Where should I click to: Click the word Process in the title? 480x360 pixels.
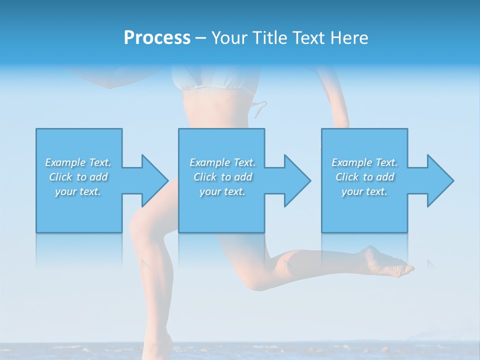tap(157, 38)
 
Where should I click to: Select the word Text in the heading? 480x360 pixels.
tap(308, 38)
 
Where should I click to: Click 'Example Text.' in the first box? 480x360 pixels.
tap(78, 162)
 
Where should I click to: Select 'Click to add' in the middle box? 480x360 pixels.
tap(222, 177)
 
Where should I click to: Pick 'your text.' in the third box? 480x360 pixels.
tap(364, 191)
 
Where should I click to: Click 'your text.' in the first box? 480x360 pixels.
tap(78, 191)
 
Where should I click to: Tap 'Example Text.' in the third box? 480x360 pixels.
tap(364, 162)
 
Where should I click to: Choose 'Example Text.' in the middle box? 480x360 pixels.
tap(222, 162)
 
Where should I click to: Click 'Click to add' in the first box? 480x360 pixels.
tap(78, 177)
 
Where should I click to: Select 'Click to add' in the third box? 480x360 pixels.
tap(364, 177)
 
